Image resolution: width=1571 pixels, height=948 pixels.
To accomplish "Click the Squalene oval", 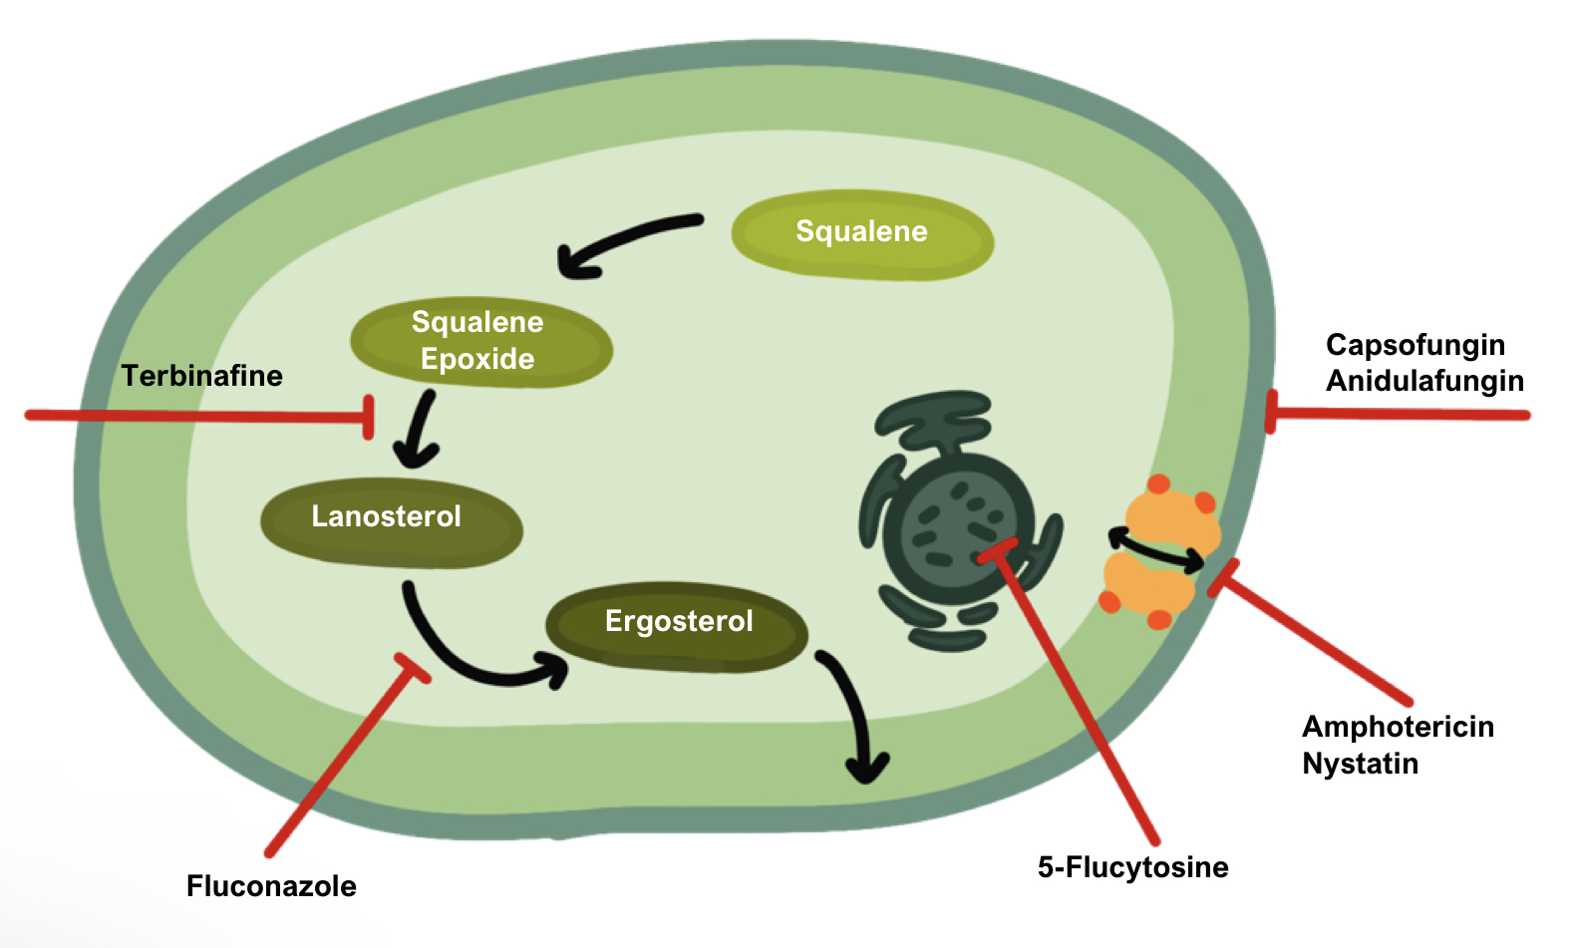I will point(862,235).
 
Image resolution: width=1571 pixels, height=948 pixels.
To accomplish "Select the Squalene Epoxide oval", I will point(480,342).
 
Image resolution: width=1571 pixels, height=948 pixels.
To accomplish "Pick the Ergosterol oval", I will point(677,625).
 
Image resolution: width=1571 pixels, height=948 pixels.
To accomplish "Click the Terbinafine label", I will point(202,376).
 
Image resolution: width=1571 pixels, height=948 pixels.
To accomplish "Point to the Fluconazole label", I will point(271,886).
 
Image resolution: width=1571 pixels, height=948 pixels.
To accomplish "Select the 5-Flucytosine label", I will point(1132,867).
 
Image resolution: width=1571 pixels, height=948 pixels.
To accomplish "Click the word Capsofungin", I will point(1414,345).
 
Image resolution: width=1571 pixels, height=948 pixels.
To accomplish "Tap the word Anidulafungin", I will point(1424,381).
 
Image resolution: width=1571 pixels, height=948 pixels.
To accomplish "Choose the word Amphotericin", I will point(1398,727).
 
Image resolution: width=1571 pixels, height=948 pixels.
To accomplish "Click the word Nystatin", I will point(1360,764).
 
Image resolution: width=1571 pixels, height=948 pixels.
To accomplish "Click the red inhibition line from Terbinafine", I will point(199,415).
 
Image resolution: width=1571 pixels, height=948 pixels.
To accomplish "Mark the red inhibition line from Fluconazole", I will point(339,758).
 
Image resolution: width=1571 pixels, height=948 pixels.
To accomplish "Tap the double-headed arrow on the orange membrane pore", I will point(1157,549).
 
